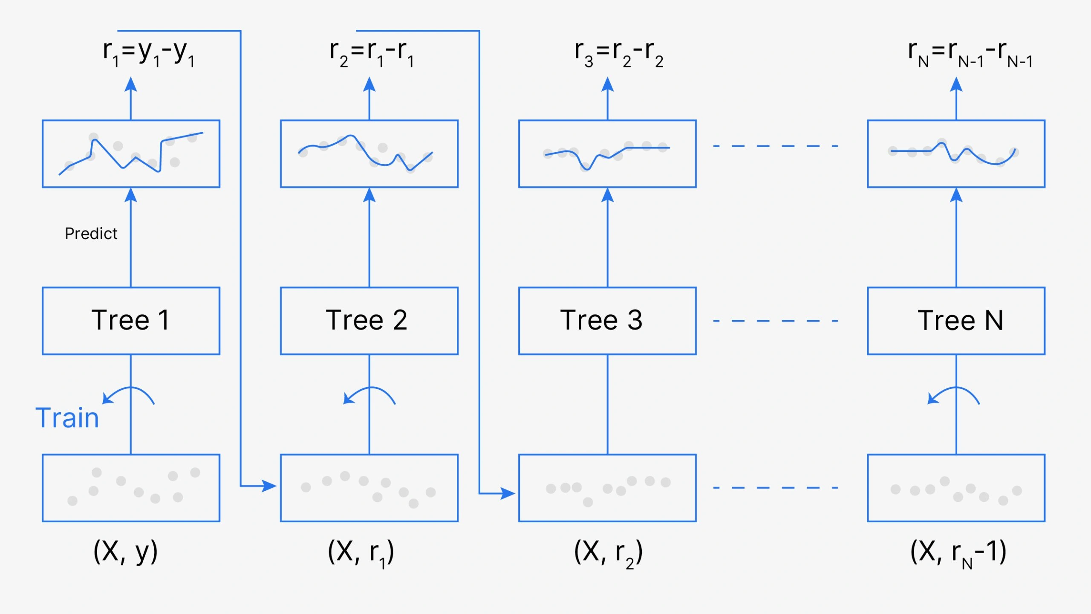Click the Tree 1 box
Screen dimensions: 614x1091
point(131,321)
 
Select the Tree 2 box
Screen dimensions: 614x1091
point(369,321)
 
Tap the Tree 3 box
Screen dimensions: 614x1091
point(607,321)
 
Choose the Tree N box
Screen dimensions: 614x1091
point(956,321)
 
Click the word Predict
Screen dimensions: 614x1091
point(91,234)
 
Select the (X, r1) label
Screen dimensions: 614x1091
point(361,552)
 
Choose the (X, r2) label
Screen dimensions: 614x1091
point(608,552)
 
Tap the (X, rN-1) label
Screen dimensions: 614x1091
point(958,552)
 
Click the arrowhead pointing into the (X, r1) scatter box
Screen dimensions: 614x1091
point(269,486)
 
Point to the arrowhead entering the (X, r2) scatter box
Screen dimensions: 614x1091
point(508,493)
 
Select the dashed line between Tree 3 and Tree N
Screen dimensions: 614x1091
point(776,321)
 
